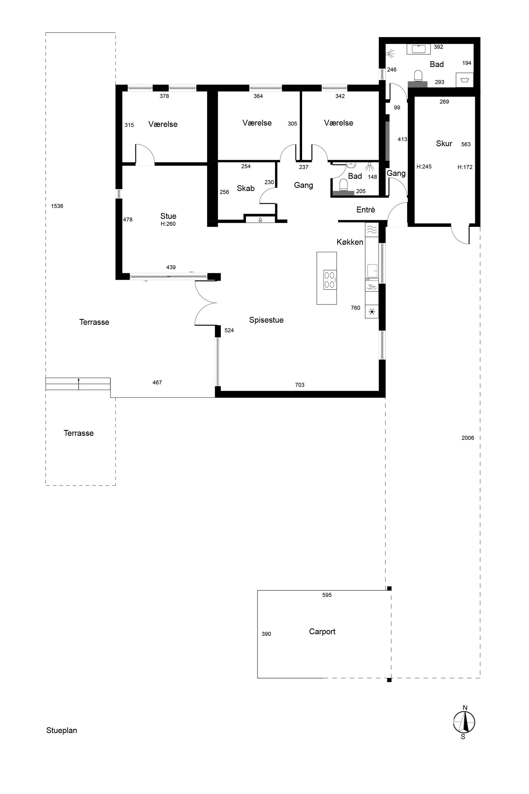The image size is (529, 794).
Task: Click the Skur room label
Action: tap(444, 144)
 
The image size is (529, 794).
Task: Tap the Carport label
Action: tap(322, 631)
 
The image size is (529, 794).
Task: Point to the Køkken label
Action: tap(350, 242)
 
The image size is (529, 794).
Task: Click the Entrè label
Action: tap(366, 210)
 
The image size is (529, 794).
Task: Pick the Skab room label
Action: tap(246, 188)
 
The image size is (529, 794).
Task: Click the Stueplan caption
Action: tap(61, 730)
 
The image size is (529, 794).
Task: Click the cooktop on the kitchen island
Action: tap(330, 280)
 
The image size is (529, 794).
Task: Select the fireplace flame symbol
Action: tap(261, 220)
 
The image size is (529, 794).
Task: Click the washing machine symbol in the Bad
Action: tap(465, 80)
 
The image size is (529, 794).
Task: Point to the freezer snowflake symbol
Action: tap(372, 311)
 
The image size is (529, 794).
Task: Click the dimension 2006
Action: tap(468, 438)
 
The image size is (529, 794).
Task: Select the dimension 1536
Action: tap(57, 206)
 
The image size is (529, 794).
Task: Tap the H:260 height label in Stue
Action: tap(168, 224)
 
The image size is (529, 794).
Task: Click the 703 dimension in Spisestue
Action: tap(300, 385)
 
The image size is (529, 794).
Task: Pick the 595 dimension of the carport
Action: tap(327, 595)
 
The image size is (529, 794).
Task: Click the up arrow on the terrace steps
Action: tap(79, 384)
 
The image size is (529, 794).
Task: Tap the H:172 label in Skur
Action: tap(465, 167)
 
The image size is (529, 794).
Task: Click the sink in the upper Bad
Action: tap(418, 49)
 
